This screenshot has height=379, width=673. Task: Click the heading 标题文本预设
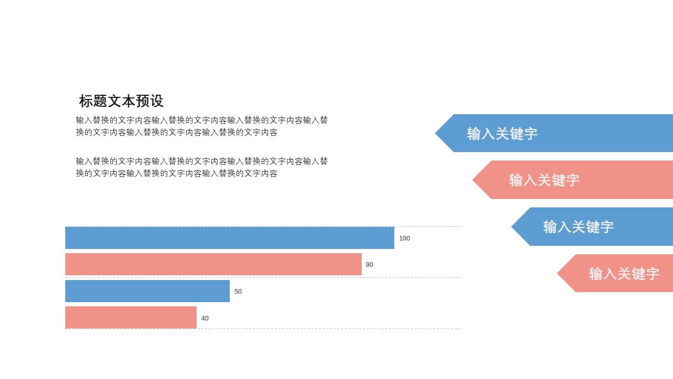(121, 101)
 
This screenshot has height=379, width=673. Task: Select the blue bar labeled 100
(229, 238)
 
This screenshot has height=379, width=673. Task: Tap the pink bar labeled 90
(213, 264)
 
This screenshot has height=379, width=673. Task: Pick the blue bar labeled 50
(147, 291)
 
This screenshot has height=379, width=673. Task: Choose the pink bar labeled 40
(130, 317)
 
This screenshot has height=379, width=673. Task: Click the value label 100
(404, 238)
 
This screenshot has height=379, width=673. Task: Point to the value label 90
(370, 265)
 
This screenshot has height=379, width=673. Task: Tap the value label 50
(238, 292)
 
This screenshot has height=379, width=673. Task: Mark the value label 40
(205, 318)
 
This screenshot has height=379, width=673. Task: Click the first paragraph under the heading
(202, 126)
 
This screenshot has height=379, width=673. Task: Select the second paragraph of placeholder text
(202, 167)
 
